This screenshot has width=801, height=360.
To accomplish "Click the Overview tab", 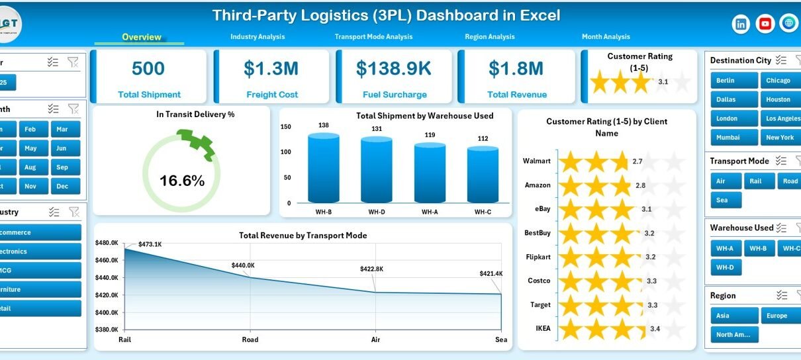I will tap(141, 37).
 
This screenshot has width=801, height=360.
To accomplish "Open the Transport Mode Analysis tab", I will tap(373, 37).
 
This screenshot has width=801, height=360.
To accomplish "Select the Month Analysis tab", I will tap(606, 37).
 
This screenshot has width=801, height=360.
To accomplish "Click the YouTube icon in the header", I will tap(765, 24).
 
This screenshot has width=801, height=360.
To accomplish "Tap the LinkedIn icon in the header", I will tap(741, 24).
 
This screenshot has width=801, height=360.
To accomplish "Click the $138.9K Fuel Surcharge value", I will tap(394, 68).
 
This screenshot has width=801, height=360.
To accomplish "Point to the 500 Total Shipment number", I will tap(148, 68).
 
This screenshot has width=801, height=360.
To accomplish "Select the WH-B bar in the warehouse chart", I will tap(324, 168).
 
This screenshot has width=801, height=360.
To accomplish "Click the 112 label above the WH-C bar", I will tap(483, 139).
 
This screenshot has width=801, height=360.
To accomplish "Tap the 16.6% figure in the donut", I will tap(182, 181).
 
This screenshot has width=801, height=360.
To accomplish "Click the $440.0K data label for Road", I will tap(242, 265).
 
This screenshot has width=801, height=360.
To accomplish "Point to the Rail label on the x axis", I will tap(123, 340).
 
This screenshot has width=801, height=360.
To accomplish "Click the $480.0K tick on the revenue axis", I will tap(107, 243).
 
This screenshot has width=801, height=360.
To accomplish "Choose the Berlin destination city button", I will tap(726, 81).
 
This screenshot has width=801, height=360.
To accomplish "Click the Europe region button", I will tap(777, 316).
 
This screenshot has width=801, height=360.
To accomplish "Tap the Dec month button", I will tap(62, 187).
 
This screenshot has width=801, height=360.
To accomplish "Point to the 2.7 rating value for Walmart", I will tap(637, 161).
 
